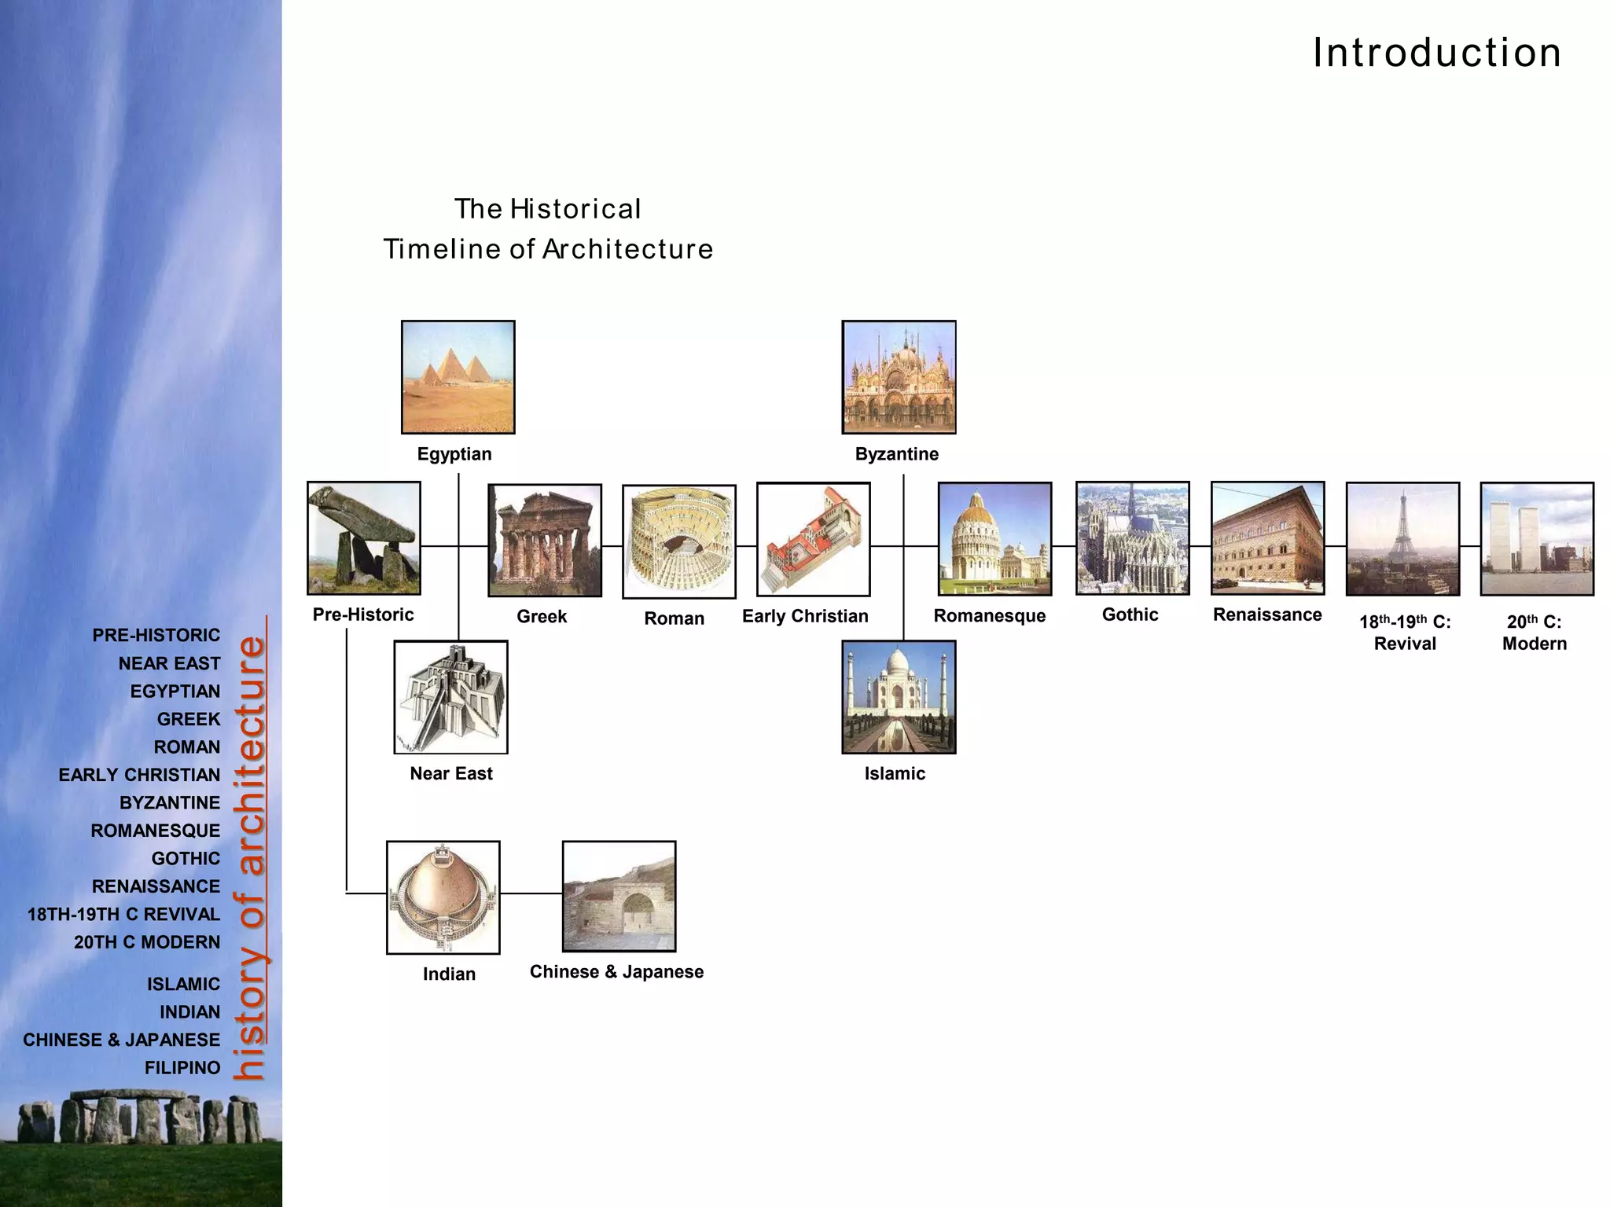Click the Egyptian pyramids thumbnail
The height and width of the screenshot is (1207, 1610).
pos(458,377)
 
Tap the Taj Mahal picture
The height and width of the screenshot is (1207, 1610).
pos(899,697)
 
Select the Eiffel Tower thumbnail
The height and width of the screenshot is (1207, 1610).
pos(1402,539)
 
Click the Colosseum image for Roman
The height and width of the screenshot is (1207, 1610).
pos(678,541)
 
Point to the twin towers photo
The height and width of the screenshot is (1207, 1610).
pos(1537,539)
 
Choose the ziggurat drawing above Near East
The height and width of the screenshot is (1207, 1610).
pos(450,697)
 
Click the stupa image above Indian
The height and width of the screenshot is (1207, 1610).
pos(443,897)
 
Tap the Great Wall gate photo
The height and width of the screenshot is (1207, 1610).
pos(619,897)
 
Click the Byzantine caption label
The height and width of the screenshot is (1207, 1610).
pos(896,454)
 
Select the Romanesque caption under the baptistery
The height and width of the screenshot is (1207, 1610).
pos(989,616)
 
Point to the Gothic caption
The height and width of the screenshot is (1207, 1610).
pos(1130,615)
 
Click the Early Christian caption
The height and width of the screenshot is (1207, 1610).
pos(805,616)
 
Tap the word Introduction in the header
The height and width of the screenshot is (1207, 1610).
pos(1436,53)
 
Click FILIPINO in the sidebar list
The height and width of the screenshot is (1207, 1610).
pos(182,1068)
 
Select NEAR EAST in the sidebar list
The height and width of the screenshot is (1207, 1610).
pos(169,663)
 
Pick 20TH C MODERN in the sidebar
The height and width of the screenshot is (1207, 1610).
pos(147,942)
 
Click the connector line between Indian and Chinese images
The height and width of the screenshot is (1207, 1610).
pos(531,893)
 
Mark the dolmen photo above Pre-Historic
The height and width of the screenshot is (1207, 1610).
pos(363,538)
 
